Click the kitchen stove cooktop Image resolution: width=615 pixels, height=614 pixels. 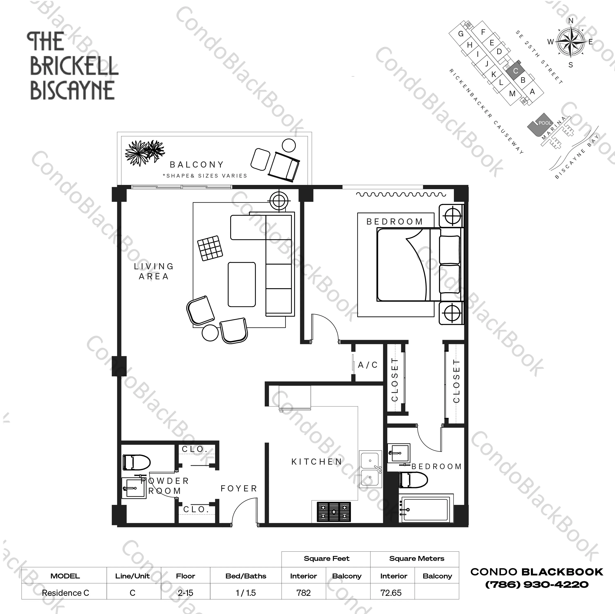click(x=334, y=512)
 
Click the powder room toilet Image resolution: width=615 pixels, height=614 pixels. click(x=136, y=462)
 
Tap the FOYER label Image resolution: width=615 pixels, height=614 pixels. click(x=239, y=488)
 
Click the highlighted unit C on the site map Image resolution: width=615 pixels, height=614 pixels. click(x=516, y=71)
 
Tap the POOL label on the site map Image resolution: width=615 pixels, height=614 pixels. click(x=545, y=123)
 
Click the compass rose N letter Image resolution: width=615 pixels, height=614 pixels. click(x=571, y=21)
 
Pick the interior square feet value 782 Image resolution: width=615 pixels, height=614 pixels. click(x=303, y=593)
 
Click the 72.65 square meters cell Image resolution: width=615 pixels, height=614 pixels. click(x=391, y=593)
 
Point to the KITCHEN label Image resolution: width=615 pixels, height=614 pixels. click(x=317, y=461)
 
